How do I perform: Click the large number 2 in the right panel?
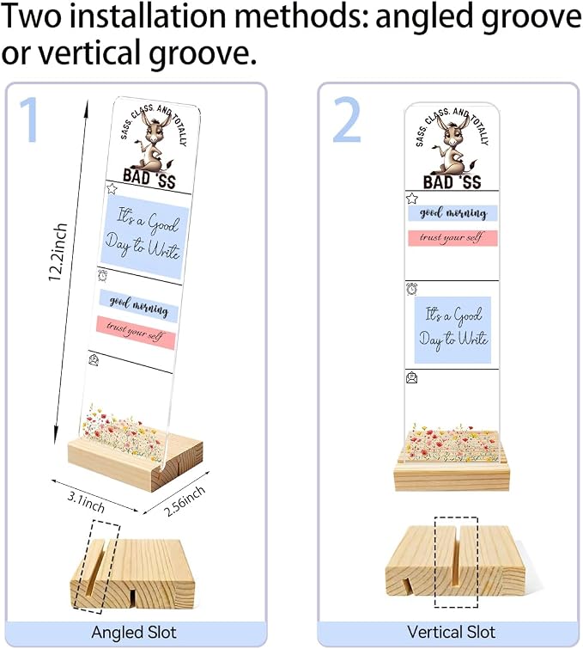tap(347, 119)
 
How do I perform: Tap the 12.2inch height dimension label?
tap(58, 252)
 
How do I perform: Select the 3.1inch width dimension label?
tap(86, 502)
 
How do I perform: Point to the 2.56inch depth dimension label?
tap(185, 501)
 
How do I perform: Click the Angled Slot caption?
tap(134, 633)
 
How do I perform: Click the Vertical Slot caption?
tap(451, 632)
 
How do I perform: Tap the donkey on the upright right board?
tap(452, 145)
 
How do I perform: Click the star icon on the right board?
tap(412, 199)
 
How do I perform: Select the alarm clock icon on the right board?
tap(412, 289)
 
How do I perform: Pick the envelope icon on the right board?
tap(412, 377)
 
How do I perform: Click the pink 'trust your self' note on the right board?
tap(452, 238)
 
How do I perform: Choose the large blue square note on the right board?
tap(453, 329)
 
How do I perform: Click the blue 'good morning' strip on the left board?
tap(138, 305)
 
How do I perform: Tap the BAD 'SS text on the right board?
tap(452, 181)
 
